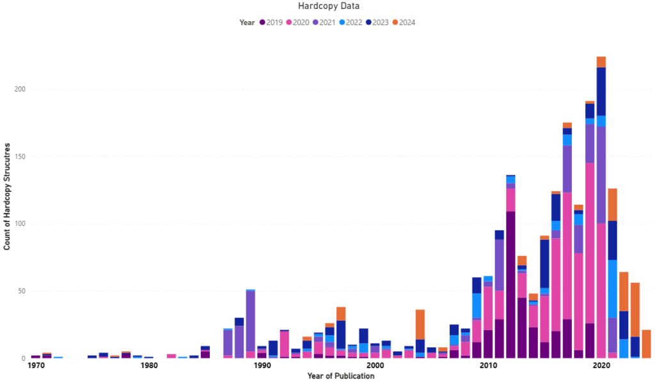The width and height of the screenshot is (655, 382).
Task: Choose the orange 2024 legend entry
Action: point(404,22)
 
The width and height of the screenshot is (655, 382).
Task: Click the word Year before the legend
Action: point(247,22)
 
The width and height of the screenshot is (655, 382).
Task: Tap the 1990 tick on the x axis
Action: point(262,366)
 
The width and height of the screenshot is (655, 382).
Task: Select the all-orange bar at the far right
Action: point(646,344)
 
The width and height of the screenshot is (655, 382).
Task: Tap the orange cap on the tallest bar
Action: point(601,61)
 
